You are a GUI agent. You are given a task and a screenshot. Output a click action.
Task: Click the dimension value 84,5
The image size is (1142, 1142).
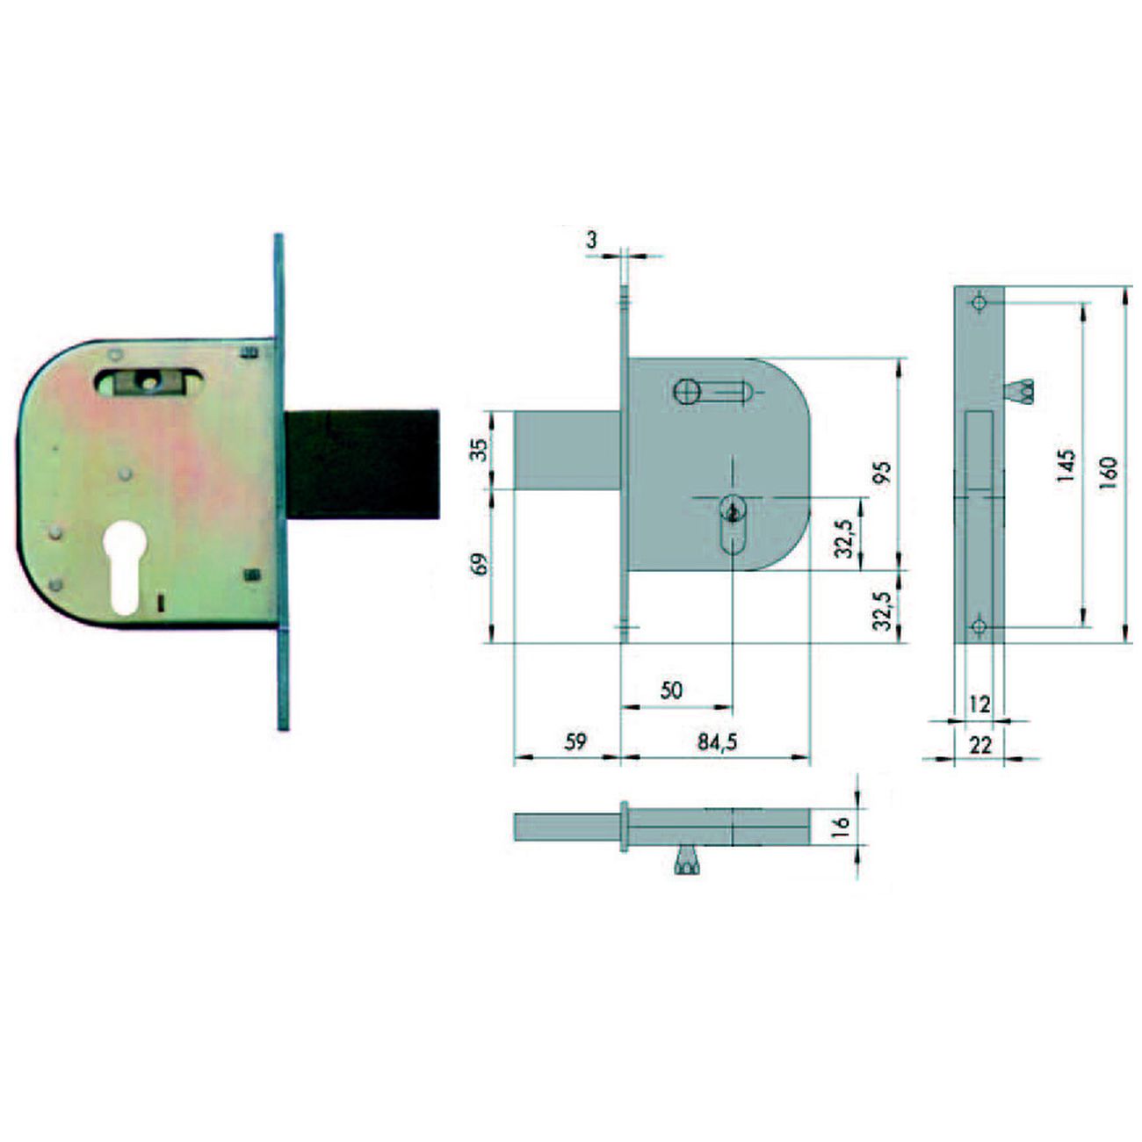[717, 741]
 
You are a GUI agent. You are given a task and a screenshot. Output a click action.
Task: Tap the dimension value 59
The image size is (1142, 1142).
[575, 741]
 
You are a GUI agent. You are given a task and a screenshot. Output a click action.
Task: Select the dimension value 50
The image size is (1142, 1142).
[671, 690]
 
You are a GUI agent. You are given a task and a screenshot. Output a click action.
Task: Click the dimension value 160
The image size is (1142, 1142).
[1109, 473]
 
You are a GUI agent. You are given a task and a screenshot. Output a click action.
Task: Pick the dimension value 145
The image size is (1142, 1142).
[1066, 466]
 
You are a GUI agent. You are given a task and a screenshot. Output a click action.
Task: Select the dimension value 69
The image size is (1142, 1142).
[480, 563]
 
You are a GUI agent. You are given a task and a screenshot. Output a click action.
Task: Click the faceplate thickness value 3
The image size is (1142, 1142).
[591, 239]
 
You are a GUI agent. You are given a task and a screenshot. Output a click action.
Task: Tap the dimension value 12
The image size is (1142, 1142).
[979, 704]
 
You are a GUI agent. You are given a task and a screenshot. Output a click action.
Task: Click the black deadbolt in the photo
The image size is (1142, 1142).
[362, 463]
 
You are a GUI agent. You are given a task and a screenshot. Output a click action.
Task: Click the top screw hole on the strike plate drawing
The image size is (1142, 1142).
[979, 302]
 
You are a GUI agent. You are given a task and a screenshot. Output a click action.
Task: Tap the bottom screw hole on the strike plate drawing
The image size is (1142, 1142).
[979, 626]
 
